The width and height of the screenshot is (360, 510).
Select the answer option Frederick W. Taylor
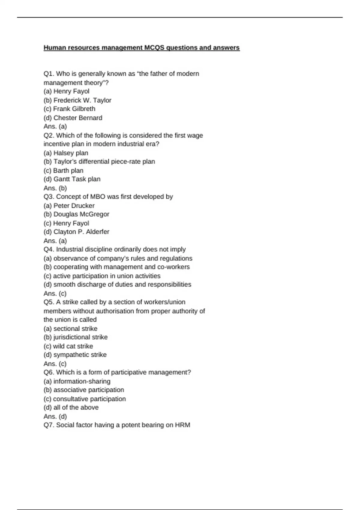pos(77,100)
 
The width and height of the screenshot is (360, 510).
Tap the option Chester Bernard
pos(73,118)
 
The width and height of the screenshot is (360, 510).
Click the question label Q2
pos(49,135)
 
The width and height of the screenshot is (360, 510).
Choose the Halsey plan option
pos(66,153)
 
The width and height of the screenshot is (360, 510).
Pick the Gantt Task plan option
pos(72,179)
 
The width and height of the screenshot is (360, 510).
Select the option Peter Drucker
pos(69,206)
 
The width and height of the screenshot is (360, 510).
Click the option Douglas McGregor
pos(76,214)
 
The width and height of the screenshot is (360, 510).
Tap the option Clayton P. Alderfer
pos(76,232)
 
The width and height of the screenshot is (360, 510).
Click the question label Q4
pos(49,250)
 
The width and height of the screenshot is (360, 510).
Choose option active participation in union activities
pos(102,276)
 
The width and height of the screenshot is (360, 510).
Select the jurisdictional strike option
pos(76,337)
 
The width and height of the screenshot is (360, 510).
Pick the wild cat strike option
pos(68,346)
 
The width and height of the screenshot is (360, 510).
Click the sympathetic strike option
pos(75,355)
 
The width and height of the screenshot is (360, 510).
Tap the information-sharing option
pos(77,381)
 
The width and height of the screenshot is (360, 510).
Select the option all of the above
pos(71,407)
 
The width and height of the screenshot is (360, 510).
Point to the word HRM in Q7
pos(182,425)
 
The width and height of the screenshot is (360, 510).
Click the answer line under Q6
pos(55,416)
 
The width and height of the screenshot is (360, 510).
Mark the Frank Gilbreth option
pos(70,109)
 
